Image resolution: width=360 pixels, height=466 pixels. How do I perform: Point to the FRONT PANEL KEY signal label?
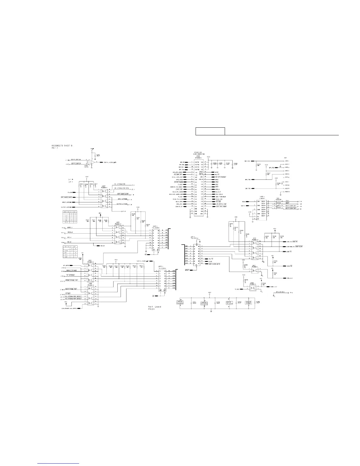point(71,280)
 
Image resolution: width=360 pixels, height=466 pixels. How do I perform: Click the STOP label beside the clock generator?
point(217,172)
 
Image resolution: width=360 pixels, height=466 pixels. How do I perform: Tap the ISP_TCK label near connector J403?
point(247,161)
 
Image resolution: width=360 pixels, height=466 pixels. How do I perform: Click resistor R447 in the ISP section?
point(268,174)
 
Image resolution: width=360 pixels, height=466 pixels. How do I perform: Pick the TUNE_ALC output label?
point(274,287)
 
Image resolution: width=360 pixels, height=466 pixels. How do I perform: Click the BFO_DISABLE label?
point(280,292)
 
